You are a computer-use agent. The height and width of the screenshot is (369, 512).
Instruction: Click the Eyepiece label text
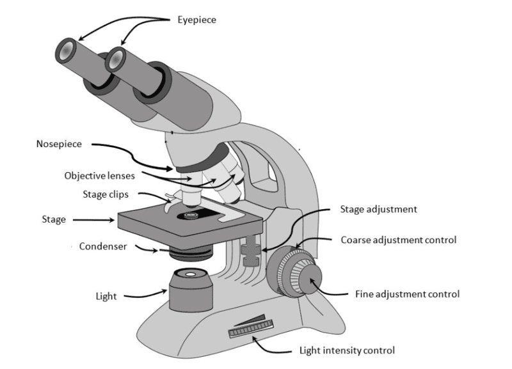click(x=196, y=20)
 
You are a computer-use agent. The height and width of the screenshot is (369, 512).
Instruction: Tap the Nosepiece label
click(x=59, y=144)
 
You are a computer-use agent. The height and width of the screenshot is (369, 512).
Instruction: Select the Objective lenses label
click(x=100, y=176)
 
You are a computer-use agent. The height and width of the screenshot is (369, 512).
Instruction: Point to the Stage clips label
click(x=106, y=194)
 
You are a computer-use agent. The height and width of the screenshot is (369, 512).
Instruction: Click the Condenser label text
click(x=103, y=246)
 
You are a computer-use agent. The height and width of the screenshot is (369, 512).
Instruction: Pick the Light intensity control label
click(x=347, y=350)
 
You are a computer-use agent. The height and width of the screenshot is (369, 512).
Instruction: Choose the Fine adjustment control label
click(x=407, y=294)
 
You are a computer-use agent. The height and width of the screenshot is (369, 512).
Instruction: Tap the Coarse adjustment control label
click(x=398, y=240)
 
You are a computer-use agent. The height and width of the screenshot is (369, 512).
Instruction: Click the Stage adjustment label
click(x=378, y=209)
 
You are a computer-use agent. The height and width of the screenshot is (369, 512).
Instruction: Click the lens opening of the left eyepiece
click(x=67, y=51)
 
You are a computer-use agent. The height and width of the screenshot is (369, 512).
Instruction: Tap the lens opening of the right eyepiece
click(x=115, y=59)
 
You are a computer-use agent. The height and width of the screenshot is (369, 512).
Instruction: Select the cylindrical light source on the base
click(x=191, y=290)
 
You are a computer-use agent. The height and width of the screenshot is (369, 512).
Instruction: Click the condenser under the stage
click(x=191, y=253)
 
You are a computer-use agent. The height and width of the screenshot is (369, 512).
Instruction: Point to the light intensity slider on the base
click(x=251, y=328)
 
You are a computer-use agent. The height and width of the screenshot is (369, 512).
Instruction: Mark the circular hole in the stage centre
click(x=191, y=216)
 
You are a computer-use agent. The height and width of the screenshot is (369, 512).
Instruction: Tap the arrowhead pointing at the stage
click(x=111, y=220)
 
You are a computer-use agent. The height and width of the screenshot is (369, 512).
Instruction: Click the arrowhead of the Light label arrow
click(x=164, y=291)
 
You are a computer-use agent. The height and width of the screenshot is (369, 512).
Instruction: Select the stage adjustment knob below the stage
click(x=251, y=251)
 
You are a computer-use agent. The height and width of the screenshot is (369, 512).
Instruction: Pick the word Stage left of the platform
click(x=54, y=219)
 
